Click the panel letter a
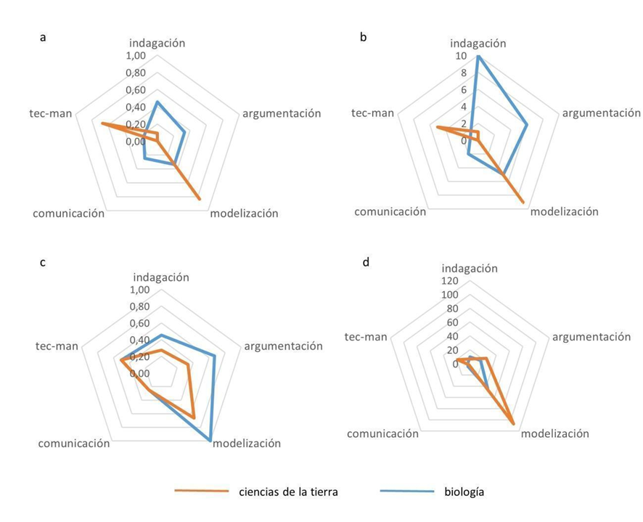click(x=44, y=38)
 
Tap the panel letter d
click(x=366, y=262)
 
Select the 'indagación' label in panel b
click(x=477, y=44)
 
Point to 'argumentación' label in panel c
click(x=283, y=346)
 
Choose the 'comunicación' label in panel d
click(x=382, y=433)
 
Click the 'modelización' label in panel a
click(x=244, y=213)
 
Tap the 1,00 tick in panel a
click(x=135, y=57)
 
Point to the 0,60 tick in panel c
click(x=139, y=323)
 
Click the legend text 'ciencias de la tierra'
click(x=288, y=492)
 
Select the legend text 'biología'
click(x=464, y=492)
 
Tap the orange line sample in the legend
click(x=202, y=492)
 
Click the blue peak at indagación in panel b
click(x=477, y=57)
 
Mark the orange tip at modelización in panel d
click(x=514, y=424)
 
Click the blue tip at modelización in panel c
click(x=210, y=441)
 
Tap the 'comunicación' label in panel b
click(x=390, y=211)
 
